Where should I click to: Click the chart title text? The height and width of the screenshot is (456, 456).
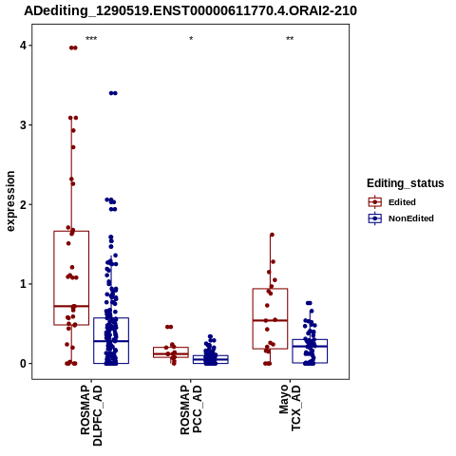[x=190, y=10]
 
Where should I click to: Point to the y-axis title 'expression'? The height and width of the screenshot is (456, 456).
[x=10, y=201]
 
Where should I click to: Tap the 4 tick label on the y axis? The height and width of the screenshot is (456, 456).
[x=23, y=46]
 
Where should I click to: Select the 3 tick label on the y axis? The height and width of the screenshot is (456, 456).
[x=23, y=124]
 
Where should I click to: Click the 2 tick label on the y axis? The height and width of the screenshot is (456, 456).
[x=23, y=204]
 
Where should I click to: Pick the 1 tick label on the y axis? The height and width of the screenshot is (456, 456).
[x=23, y=284]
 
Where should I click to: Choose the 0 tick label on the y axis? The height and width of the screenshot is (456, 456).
[x=23, y=363]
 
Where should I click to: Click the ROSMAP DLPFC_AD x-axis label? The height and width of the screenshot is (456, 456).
[x=91, y=415]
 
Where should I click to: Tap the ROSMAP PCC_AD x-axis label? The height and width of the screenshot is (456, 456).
[x=191, y=409]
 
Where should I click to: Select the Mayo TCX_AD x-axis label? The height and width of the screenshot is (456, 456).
[x=290, y=408]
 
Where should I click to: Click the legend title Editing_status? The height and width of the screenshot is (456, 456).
[x=406, y=183]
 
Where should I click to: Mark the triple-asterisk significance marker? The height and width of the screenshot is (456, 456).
[x=91, y=39]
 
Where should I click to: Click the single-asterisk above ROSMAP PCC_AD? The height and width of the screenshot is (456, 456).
[x=191, y=39]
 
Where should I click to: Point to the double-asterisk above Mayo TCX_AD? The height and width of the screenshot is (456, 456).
[x=290, y=39]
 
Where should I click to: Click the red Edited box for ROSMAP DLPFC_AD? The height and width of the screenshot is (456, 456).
[x=54, y=278]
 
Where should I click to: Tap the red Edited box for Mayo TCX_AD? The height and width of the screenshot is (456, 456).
[x=253, y=318]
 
